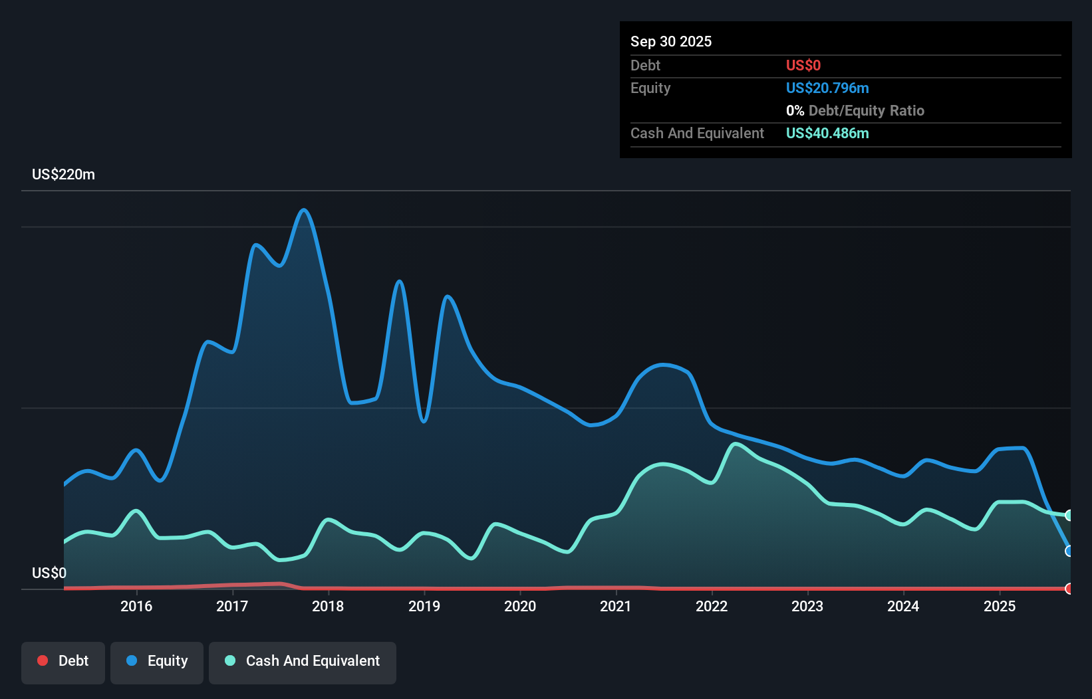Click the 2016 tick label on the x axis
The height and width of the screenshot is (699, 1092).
(x=136, y=606)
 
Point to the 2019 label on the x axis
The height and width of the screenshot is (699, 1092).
(x=424, y=606)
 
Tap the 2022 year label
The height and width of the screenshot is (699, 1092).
(x=712, y=606)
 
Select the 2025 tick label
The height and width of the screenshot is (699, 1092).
(x=999, y=606)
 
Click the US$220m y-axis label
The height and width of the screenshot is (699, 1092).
(x=63, y=175)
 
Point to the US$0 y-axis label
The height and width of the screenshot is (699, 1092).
(x=49, y=573)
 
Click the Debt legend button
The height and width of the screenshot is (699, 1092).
(x=63, y=661)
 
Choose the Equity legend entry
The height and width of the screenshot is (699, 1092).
(x=157, y=661)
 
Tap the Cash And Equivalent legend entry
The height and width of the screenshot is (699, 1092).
(x=303, y=661)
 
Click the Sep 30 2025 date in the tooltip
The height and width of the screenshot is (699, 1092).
(x=670, y=41)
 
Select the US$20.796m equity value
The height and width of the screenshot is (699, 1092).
(x=827, y=88)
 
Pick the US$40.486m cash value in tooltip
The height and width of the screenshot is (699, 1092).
(x=827, y=134)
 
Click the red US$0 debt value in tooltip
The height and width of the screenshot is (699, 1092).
(x=803, y=65)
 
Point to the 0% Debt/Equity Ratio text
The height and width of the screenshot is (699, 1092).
(x=855, y=111)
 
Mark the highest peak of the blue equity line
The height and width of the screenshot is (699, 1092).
(x=304, y=210)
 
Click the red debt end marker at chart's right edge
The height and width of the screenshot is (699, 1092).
(x=1069, y=589)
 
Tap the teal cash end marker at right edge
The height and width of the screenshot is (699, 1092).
(x=1069, y=516)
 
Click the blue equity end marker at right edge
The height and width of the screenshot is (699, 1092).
(x=1069, y=551)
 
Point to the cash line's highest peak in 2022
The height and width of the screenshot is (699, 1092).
(x=735, y=444)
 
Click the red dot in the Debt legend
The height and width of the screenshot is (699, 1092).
(x=43, y=660)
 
